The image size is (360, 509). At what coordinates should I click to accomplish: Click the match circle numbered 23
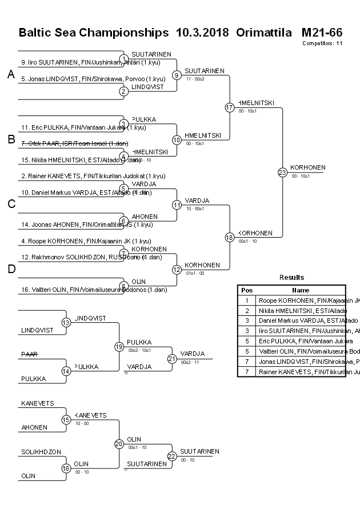tap(282, 172)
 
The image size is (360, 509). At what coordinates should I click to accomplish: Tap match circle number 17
tap(230, 107)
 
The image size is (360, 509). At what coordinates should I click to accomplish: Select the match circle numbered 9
tap(177, 75)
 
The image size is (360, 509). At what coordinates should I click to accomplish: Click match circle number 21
tap(172, 358)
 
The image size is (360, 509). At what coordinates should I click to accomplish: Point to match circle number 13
tap(66, 323)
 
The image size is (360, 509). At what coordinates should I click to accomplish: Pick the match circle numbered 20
tap(119, 444)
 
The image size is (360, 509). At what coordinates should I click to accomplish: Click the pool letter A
tap(11, 74)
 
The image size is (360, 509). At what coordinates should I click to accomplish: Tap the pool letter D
tap(11, 269)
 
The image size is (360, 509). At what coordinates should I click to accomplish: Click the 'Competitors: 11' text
tap(322, 43)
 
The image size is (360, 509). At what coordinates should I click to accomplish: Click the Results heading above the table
tap(291, 278)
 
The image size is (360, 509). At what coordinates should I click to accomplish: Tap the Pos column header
tap(247, 290)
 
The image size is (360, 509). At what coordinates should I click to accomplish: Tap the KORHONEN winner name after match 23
tap(307, 167)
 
